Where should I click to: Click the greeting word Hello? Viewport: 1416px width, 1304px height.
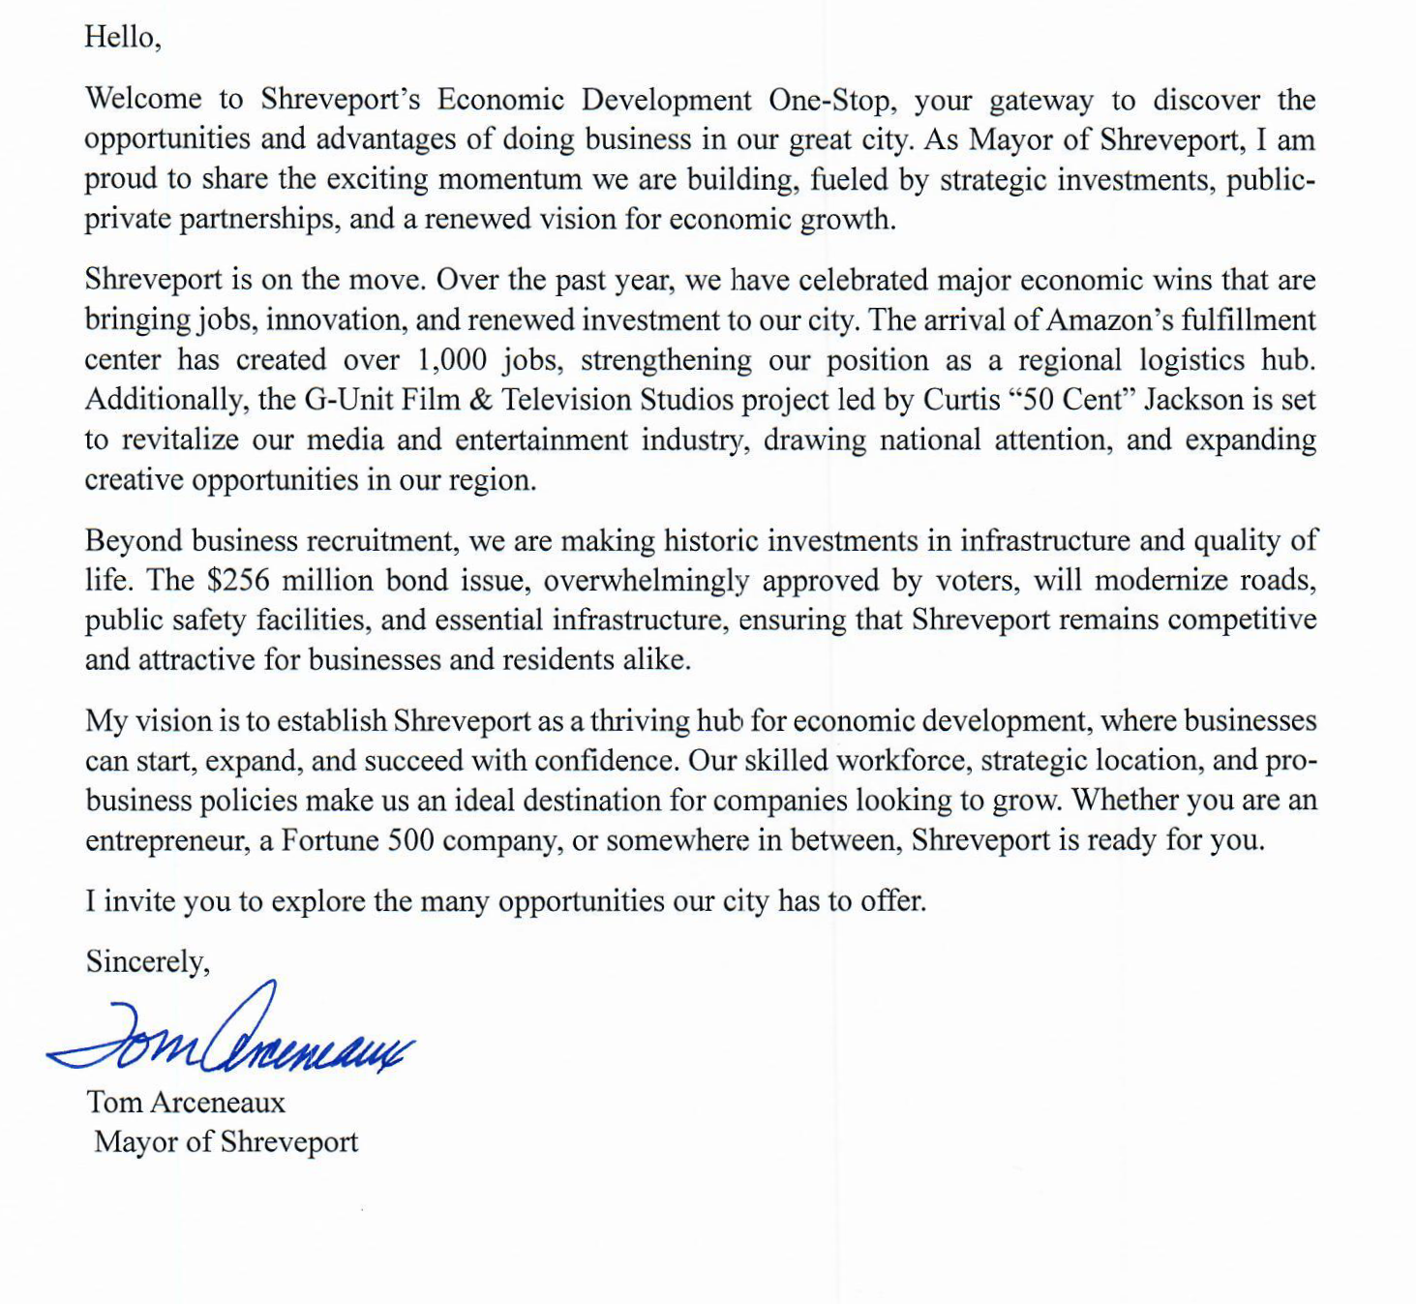120,37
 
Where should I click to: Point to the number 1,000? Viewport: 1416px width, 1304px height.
452,360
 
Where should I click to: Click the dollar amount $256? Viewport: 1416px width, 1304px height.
237,580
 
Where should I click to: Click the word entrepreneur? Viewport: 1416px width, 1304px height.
166,840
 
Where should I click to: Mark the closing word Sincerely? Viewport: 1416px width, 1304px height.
146,961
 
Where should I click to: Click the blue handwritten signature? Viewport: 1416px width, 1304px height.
232,1034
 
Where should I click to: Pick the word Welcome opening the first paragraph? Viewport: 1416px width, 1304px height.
143,99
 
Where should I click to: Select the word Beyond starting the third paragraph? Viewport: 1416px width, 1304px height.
134,540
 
